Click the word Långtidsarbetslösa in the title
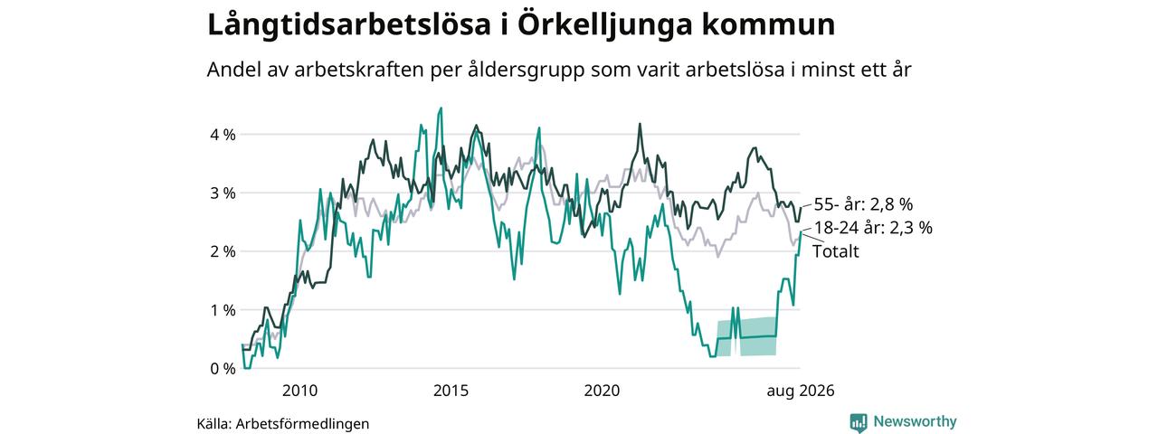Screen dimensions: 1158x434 coord(349,25)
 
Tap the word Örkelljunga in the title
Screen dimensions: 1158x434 coord(605,25)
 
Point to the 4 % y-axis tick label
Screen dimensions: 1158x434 coord(223,135)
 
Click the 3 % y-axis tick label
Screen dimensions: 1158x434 coord(223,193)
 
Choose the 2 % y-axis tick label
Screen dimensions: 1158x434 coord(223,251)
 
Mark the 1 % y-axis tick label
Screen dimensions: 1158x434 coord(223,310)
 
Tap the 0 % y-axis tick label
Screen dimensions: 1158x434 coord(223,369)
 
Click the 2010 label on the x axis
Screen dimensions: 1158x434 coord(299,391)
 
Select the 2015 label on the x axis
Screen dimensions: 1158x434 coord(451,391)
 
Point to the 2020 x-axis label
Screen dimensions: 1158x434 coord(603,391)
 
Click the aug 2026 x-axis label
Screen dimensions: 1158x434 coord(801,392)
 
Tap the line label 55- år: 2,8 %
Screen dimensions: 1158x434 coord(863,204)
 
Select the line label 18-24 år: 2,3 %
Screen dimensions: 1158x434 coord(874,228)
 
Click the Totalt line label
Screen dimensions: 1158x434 coord(835,251)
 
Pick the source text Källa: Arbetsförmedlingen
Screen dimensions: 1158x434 coord(283,424)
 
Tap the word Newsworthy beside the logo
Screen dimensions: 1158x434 coord(915,421)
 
